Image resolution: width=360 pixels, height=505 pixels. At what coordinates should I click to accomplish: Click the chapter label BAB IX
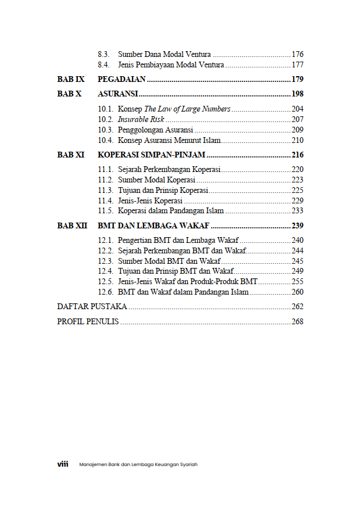click(x=71, y=79)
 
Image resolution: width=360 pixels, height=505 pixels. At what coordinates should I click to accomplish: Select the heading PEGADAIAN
click(x=122, y=79)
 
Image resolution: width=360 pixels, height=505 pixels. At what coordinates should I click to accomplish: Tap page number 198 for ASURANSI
click(x=297, y=94)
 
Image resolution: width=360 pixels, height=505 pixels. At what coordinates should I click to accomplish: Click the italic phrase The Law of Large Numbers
click(x=187, y=109)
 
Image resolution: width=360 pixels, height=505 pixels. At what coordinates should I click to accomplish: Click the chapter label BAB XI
click(x=71, y=155)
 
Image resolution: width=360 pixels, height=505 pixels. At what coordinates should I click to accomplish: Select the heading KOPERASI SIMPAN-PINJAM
click(x=152, y=155)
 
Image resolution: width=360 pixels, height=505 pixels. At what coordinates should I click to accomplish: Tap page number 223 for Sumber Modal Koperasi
click(x=297, y=180)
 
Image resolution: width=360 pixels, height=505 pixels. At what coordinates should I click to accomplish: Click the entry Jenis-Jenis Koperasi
click(x=150, y=200)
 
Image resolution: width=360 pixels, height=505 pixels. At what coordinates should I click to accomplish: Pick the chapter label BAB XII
click(x=72, y=225)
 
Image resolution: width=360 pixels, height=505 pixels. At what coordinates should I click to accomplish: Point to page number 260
click(x=297, y=292)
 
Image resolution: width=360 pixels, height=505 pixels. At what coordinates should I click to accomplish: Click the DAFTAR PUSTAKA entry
click(x=92, y=306)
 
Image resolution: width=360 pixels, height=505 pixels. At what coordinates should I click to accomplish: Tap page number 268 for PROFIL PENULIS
click(x=297, y=321)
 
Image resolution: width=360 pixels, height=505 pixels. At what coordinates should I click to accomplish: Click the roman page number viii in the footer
click(x=62, y=464)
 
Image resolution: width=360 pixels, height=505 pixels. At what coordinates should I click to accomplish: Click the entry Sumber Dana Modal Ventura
click(x=164, y=54)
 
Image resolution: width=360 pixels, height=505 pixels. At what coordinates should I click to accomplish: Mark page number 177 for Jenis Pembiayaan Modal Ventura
click(x=297, y=65)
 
